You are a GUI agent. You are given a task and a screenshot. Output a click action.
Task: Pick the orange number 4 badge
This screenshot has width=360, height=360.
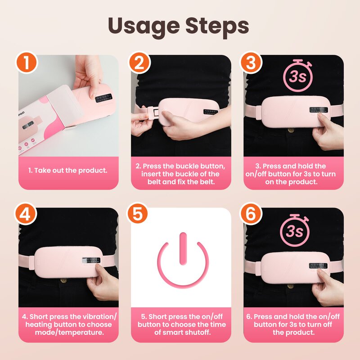tap(27, 215)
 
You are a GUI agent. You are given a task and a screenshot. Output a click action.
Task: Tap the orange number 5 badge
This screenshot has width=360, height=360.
tap(139, 215)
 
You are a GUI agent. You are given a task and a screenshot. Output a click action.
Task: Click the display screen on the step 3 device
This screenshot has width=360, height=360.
tap(318, 110)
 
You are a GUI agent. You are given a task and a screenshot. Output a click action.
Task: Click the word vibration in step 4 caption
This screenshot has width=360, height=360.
tap(91, 316)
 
